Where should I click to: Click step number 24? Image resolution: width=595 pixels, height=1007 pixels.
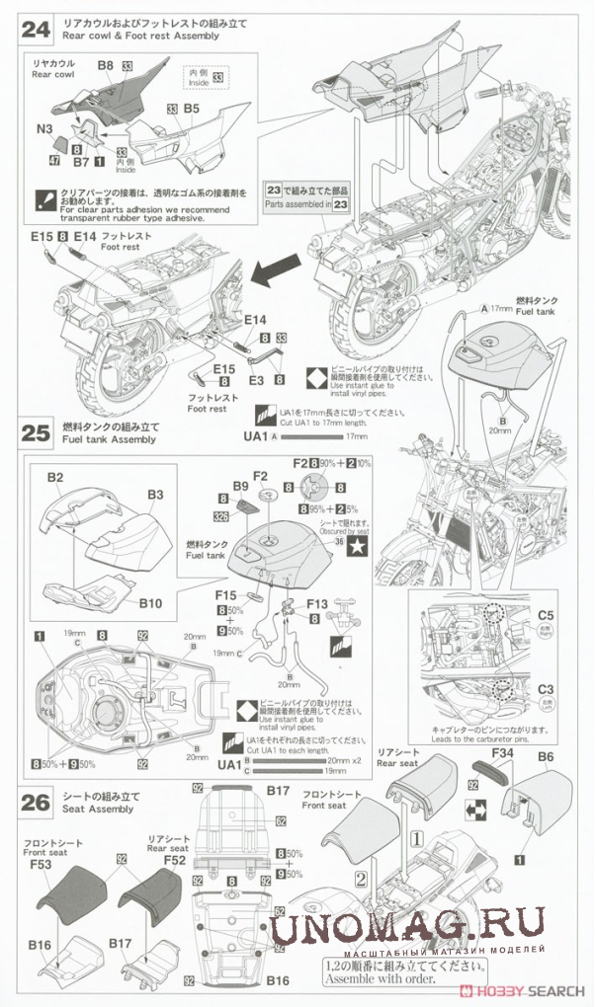pyautogui.click(x=35, y=29)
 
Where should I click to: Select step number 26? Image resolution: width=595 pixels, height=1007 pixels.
pyautogui.click(x=35, y=802)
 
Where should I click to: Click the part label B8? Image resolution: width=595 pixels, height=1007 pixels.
pyautogui.click(x=106, y=65)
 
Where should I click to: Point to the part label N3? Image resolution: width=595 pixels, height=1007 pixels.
pyautogui.click(x=45, y=127)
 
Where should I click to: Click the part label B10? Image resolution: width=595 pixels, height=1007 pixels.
pyautogui.click(x=150, y=602)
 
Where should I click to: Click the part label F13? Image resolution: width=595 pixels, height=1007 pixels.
pyautogui.click(x=317, y=604)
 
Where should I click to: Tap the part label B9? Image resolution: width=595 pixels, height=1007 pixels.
pyautogui.click(x=240, y=486)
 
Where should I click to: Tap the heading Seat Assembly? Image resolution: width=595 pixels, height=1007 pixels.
pyautogui.click(x=97, y=809)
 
